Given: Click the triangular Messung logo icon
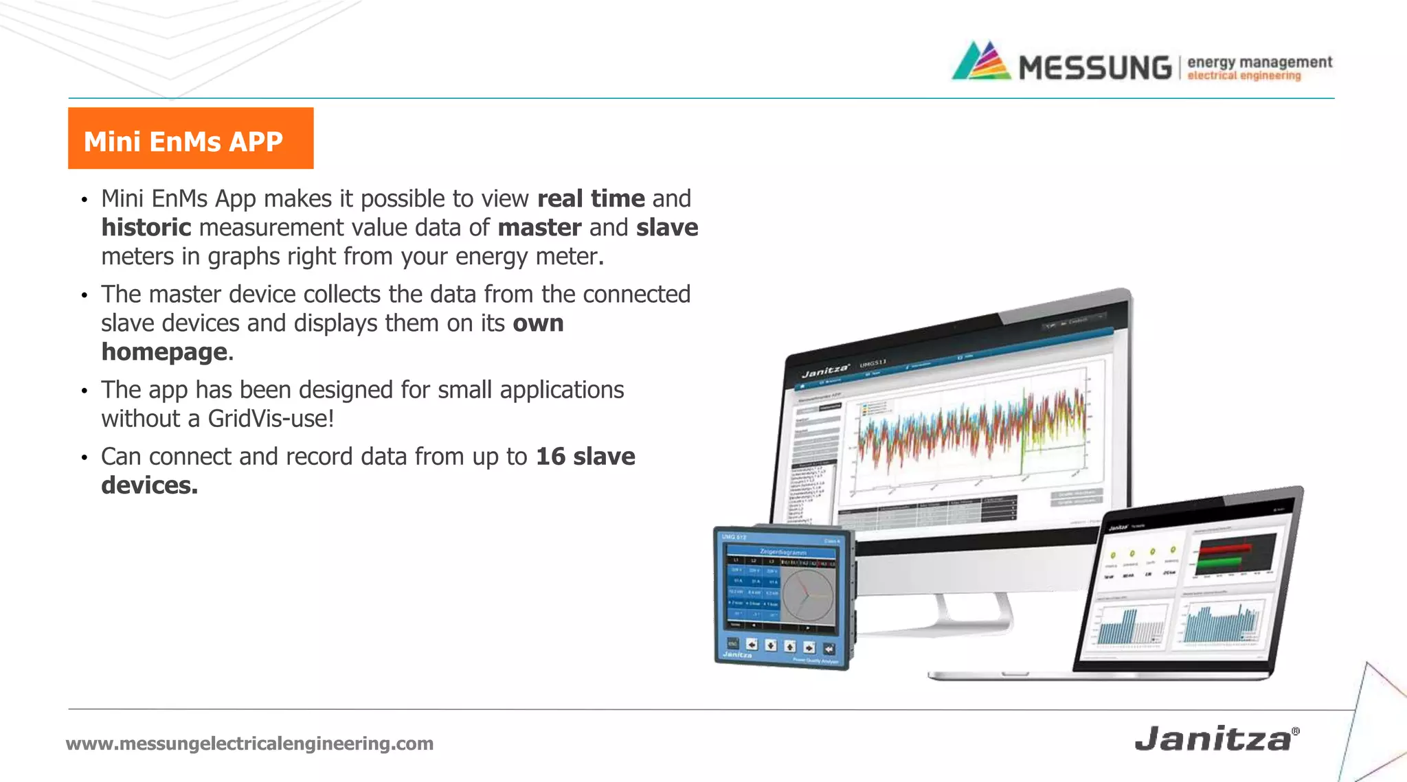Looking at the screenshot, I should [x=981, y=62].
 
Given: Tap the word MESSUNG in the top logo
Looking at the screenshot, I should [x=1094, y=68].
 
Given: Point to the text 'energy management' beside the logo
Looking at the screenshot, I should [x=1259, y=62].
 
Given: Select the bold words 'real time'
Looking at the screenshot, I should [x=591, y=198].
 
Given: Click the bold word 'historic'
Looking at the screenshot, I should [x=146, y=227].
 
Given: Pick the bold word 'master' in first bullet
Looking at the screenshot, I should [x=539, y=227].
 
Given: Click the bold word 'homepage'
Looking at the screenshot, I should [x=165, y=352].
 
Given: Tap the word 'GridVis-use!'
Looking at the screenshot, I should [x=271, y=418].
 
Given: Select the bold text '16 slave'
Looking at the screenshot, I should [x=585, y=457].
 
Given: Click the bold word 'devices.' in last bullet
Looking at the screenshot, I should [x=149, y=485].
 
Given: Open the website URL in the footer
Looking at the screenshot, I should [x=249, y=743].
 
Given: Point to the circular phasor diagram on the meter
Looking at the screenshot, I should [x=807, y=595].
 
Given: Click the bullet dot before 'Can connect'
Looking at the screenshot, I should [x=85, y=458].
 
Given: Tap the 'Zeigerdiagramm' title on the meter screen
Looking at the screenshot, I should [x=783, y=551].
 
